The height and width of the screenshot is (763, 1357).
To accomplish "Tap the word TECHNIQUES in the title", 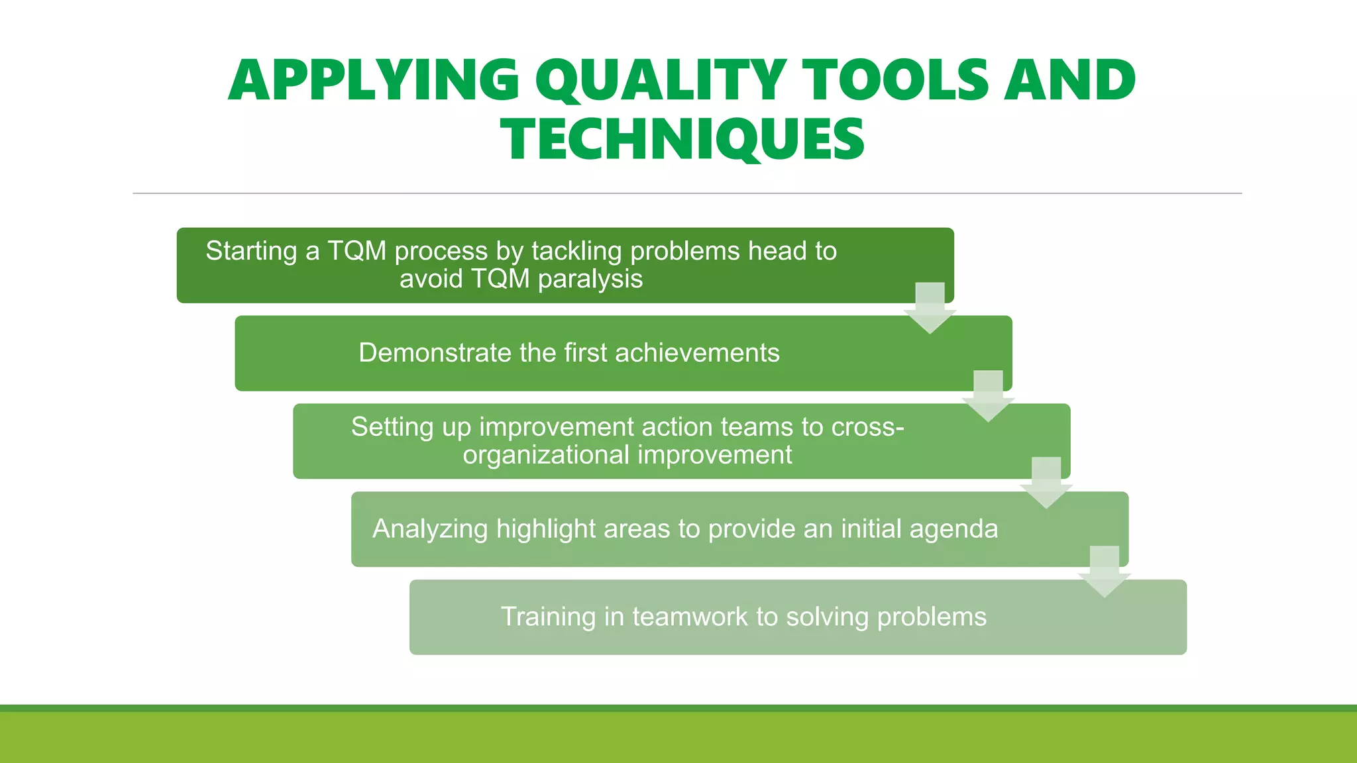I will pos(682,140).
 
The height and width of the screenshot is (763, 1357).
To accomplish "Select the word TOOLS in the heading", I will pos(895,81).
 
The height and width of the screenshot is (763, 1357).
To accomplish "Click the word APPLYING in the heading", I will pos(374,81).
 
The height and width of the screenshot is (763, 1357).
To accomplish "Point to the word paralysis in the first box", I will pos(590,280).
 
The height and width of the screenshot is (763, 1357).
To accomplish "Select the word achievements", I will pos(697,353).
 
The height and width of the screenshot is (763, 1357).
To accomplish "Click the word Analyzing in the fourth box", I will pos(430,529).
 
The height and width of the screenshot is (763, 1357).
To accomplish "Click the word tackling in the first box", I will pos(576,252).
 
